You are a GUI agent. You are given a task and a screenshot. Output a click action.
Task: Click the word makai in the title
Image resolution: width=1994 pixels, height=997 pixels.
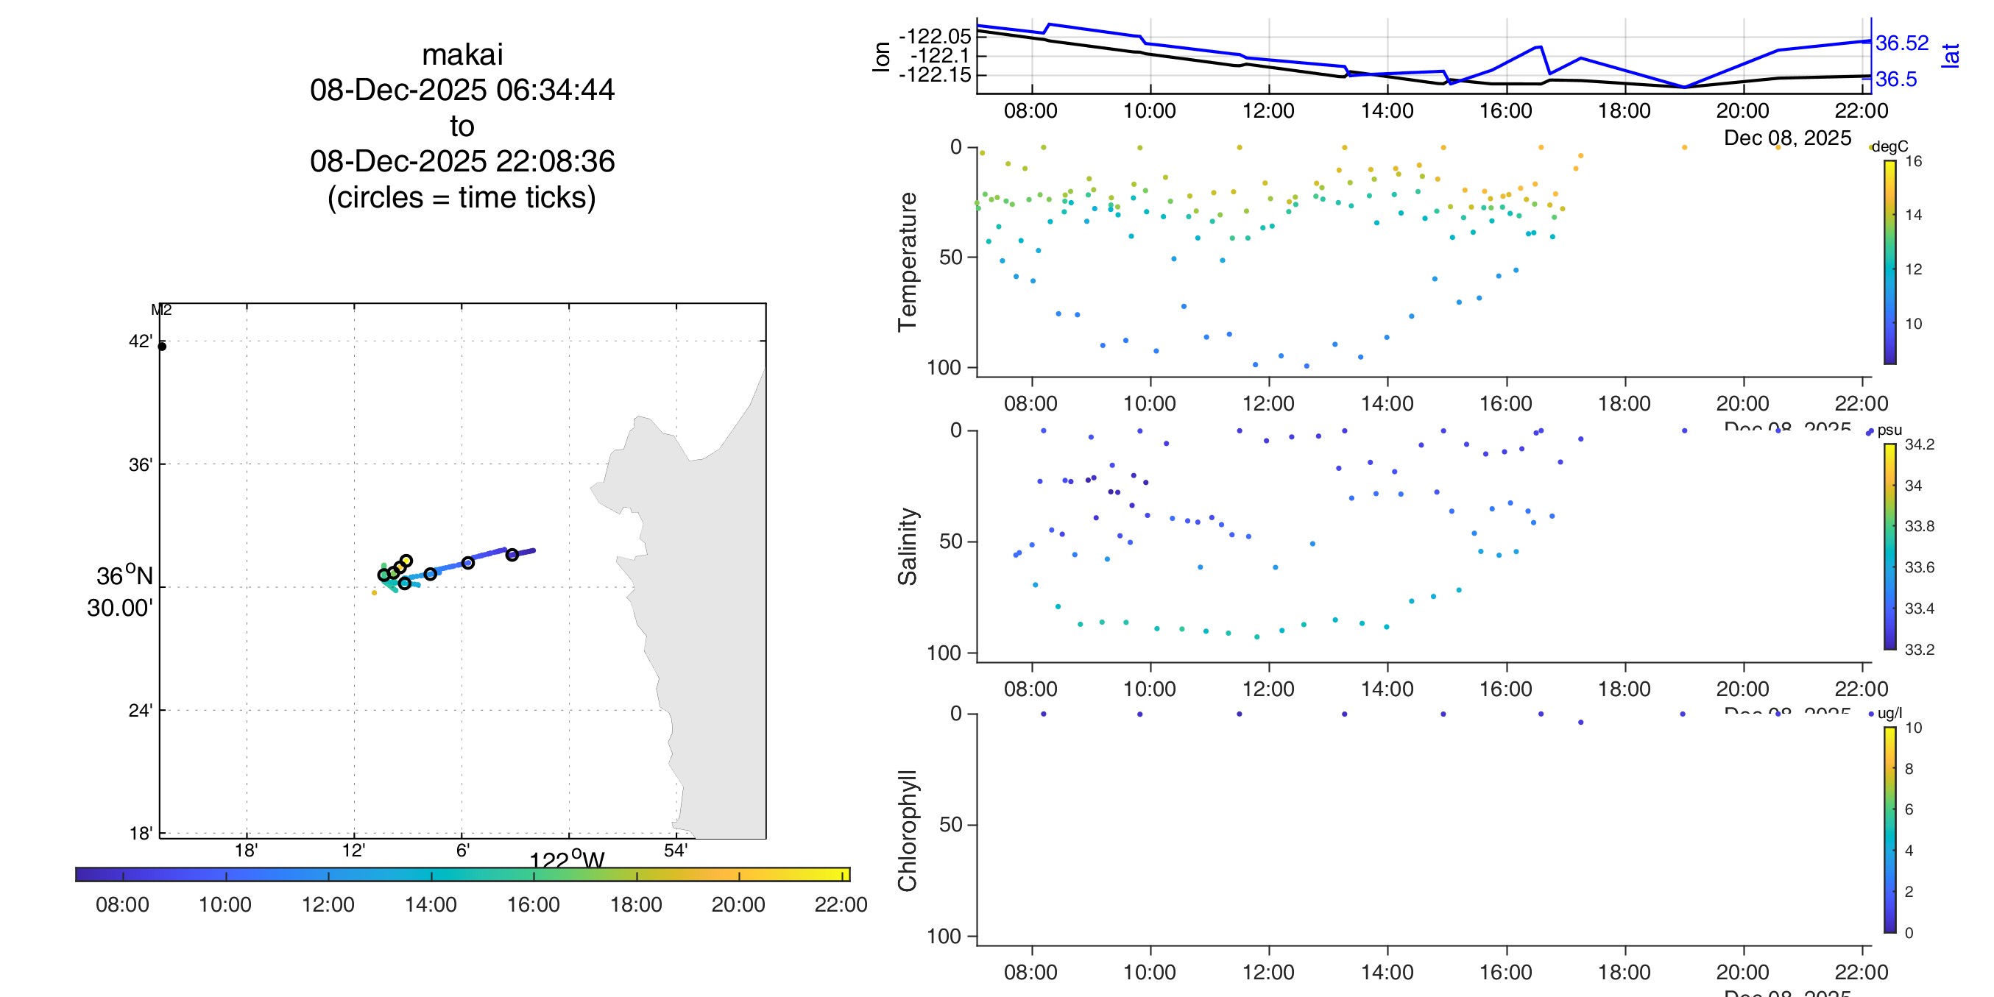coord(462,55)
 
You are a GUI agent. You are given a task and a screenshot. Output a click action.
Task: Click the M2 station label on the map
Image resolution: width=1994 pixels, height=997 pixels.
coord(161,311)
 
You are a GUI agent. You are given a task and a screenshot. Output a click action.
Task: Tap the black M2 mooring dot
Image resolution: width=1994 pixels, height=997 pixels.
coord(162,346)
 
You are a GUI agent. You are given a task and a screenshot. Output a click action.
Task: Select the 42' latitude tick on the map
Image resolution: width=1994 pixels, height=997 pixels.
coord(140,341)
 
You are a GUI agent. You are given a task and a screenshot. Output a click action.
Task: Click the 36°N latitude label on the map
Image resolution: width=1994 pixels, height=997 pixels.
coord(124,576)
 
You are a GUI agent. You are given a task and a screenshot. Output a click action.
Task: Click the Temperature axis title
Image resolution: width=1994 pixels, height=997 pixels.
coord(908,262)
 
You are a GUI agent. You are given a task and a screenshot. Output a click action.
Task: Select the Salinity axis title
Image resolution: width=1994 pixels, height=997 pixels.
coord(908,547)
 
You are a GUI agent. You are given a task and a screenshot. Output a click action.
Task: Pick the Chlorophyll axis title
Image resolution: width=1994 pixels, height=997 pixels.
coord(908,830)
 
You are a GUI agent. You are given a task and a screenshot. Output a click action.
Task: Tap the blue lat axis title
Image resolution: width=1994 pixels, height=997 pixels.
coord(1951,56)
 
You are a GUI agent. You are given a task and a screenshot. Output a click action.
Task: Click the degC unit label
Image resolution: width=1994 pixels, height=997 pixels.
coord(1889,147)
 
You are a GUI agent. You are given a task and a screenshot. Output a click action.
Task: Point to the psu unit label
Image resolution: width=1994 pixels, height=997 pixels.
coord(1889,430)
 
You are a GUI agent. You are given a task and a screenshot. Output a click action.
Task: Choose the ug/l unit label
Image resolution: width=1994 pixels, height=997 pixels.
coord(1889,714)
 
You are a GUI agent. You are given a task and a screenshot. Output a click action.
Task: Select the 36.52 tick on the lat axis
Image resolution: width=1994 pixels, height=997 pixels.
coord(1902,43)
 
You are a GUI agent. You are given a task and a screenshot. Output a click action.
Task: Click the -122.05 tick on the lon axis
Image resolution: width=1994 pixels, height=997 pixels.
coord(934,36)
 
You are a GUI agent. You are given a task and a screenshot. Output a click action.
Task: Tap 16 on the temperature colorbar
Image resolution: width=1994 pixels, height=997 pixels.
coord(1914,162)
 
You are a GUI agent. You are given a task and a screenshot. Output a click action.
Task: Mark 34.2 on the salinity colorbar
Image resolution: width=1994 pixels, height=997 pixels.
coord(1919,444)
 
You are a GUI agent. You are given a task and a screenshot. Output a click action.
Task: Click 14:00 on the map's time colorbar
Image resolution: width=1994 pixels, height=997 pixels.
coord(431,904)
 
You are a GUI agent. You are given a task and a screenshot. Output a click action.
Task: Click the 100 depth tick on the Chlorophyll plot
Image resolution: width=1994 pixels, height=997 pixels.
coord(944,937)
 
